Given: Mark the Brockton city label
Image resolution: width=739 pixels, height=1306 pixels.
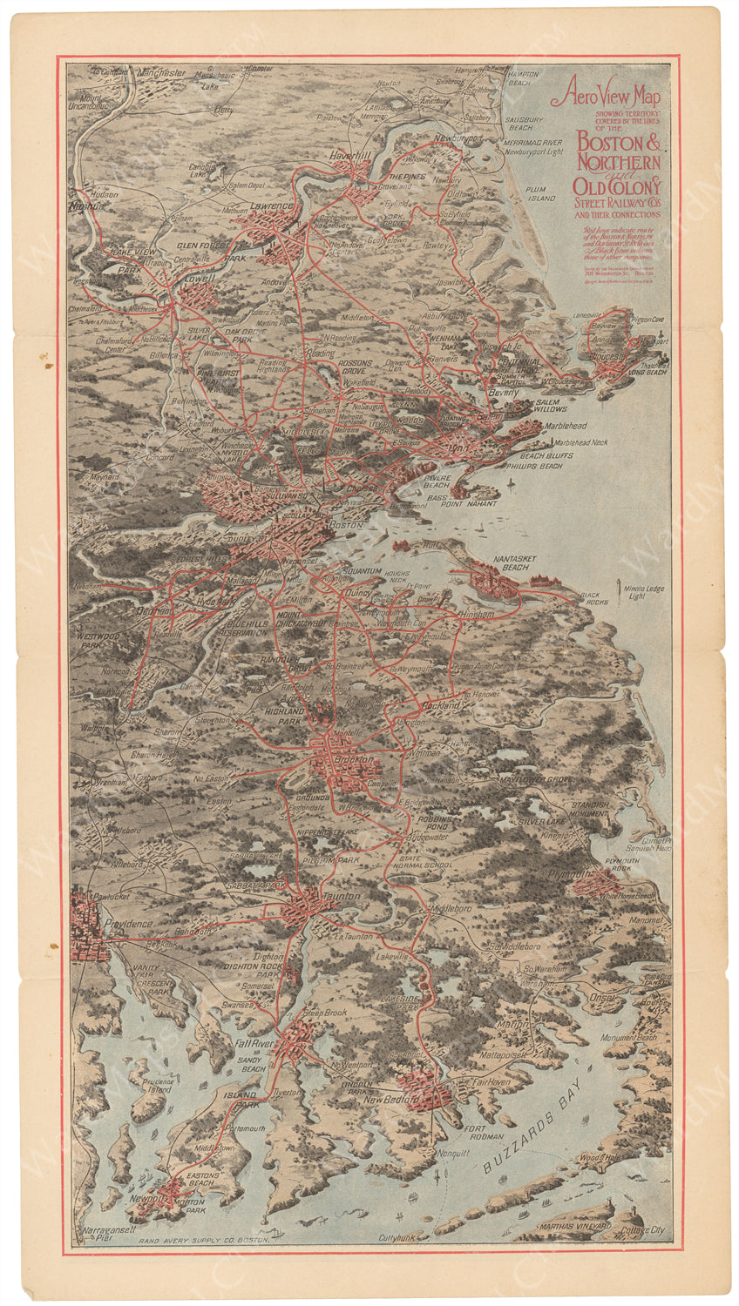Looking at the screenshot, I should (353, 759).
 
